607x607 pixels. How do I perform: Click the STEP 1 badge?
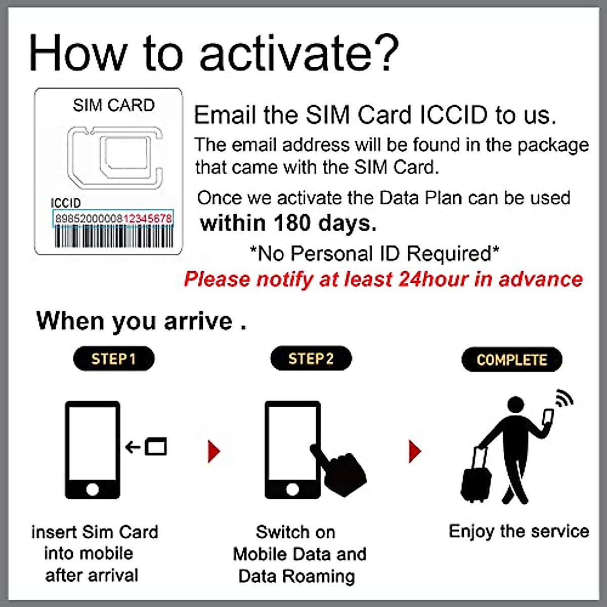[114, 359]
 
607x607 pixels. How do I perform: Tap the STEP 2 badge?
[311, 359]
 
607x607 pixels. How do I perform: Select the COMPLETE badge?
[511, 360]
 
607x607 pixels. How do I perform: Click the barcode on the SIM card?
[113, 237]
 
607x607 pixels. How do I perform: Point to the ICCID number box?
[113, 219]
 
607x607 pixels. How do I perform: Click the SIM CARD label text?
[113, 105]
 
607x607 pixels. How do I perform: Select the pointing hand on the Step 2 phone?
[341, 470]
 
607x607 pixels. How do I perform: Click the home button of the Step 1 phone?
[93, 489]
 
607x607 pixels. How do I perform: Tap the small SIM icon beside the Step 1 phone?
[156, 447]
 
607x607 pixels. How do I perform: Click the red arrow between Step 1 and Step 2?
[214, 451]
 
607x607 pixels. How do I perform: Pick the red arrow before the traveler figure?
[414, 451]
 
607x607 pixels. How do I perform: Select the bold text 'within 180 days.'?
[288, 223]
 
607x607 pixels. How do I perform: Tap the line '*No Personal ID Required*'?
[374, 253]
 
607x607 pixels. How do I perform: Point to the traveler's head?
[515, 405]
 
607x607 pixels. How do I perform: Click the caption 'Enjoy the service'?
[518, 531]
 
